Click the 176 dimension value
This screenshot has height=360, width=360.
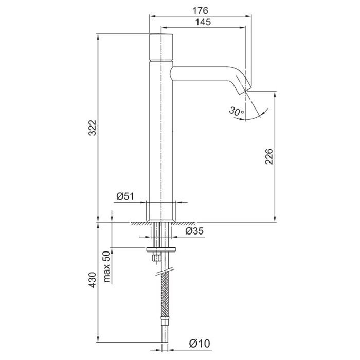[200, 11]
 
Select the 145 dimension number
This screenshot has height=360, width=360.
[203, 22]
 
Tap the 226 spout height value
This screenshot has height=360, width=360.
[269, 156]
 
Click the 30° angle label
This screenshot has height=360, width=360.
[237, 111]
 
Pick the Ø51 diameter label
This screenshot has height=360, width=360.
[125, 196]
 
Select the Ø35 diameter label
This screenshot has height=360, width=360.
[194, 231]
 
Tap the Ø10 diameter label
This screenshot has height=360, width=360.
[200, 344]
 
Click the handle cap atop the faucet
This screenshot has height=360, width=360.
[161, 47]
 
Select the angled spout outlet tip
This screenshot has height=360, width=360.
[243, 87]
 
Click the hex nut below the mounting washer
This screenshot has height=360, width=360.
[156, 258]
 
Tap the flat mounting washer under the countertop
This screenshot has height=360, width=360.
[161, 249]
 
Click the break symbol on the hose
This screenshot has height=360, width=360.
[165, 272]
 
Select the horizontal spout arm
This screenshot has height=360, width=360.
[202, 74]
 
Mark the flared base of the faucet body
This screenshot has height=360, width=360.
[161, 221]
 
